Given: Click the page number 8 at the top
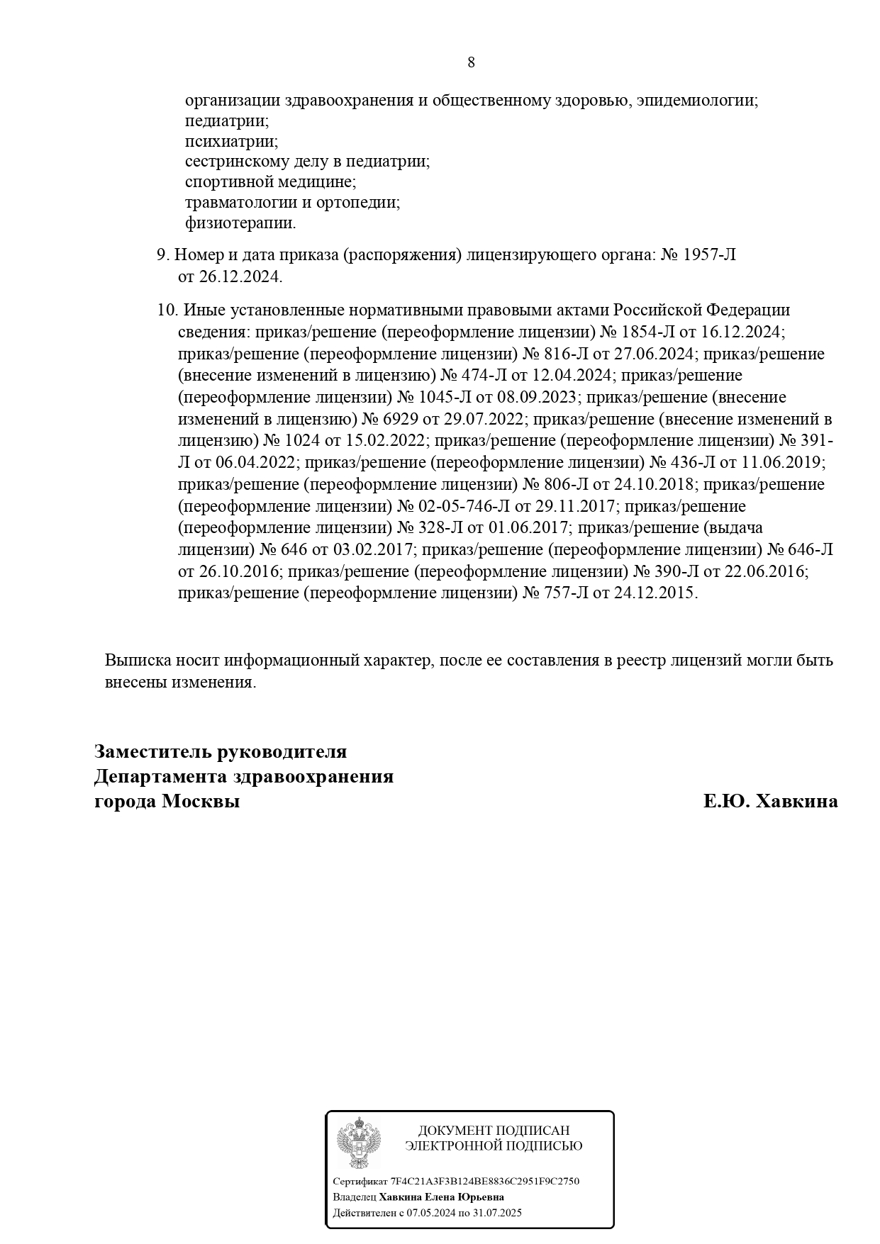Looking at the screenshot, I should click(x=471, y=62).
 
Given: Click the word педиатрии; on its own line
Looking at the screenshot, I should click(x=227, y=121).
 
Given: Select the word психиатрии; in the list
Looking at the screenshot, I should click(x=231, y=141).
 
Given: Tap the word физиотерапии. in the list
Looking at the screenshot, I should click(x=240, y=223).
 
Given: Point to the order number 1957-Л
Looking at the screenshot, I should click(x=708, y=254).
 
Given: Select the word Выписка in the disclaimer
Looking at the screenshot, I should click(x=136, y=661).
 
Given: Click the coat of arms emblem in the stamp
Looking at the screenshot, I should click(x=358, y=1143).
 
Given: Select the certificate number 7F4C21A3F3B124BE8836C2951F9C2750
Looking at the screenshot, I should click(x=485, y=1181).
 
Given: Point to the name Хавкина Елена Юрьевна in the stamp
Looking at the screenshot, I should click(x=441, y=1197).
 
